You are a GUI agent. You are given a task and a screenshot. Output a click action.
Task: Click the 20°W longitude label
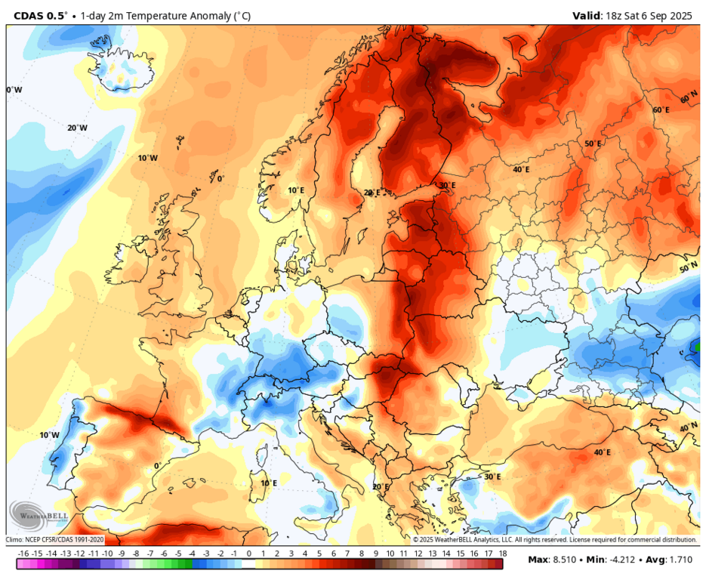77,128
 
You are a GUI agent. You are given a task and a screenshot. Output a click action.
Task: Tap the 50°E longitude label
593,143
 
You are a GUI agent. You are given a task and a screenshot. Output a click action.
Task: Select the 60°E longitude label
661,110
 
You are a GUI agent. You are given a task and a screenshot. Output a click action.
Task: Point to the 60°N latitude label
689,98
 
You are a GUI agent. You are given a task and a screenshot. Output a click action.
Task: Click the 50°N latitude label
688,268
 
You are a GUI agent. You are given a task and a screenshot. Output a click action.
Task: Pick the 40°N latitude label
689,427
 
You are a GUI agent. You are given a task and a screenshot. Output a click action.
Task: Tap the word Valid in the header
587,15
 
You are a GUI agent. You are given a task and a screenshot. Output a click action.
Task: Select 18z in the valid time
615,15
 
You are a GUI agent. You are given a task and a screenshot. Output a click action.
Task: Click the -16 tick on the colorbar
23,554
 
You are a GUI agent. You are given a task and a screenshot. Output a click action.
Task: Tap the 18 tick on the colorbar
501,554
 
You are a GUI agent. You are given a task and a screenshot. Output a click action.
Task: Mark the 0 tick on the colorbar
248,554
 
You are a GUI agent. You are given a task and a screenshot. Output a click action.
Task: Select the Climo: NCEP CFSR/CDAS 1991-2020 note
55,539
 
